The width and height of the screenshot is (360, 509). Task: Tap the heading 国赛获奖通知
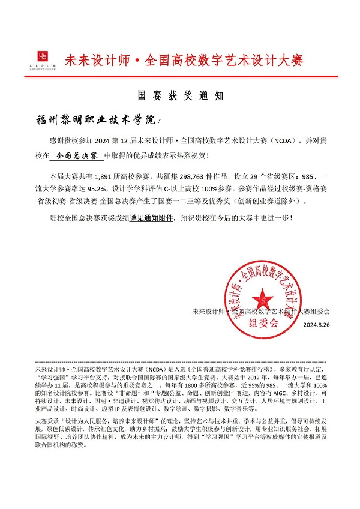point(181,95)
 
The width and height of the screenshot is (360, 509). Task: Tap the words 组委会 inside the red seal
point(266,322)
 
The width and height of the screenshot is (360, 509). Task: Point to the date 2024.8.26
point(316,325)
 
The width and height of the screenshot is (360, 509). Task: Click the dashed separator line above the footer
point(180,362)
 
